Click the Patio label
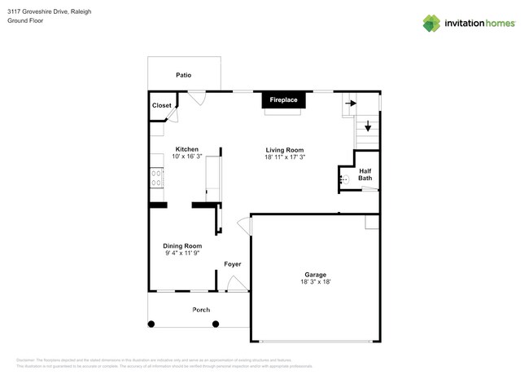tap(184, 75)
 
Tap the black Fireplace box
tap(283, 100)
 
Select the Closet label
tap(161, 105)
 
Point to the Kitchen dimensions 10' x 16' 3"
tap(187, 157)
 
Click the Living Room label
tap(284, 149)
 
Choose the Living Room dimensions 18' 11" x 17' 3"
tap(284, 157)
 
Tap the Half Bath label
tap(365, 174)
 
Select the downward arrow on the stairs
tap(367, 126)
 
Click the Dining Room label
tap(182, 245)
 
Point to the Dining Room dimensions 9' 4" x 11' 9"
tap(182, 254)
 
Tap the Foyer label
tap(233, 264)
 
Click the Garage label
tap(316, 275)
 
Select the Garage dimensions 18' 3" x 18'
tap(316, 282)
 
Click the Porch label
tap(200, 310)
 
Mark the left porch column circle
tap(150, 324)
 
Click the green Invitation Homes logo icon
tap(432, 24)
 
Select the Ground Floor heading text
tap(26, 21)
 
